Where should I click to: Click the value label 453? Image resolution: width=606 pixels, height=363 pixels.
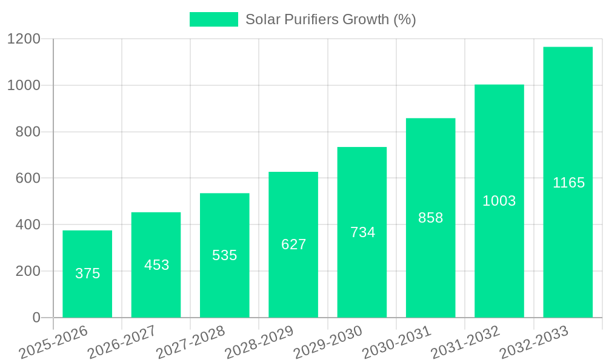pos(156,265)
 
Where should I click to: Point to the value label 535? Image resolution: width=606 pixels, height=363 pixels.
pos(224,255)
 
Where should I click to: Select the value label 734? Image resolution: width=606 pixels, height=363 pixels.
pos(362,232)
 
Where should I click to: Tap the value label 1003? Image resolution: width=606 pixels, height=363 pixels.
pos(499,201)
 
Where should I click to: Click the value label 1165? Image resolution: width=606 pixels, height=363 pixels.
pos(568,183)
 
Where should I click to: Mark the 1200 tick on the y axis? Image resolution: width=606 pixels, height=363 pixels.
pos(24,39)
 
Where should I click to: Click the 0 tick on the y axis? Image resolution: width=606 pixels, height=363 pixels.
pos(36,318)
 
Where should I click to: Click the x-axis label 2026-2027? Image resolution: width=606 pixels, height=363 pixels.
pos(122,342)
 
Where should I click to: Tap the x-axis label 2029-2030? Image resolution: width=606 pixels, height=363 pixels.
pos(328,342)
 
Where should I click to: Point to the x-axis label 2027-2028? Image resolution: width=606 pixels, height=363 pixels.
pos(190,342)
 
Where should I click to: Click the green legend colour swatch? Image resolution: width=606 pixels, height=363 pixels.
pos(213,19)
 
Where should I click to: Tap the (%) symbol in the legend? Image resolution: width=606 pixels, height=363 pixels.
pos(404,19)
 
